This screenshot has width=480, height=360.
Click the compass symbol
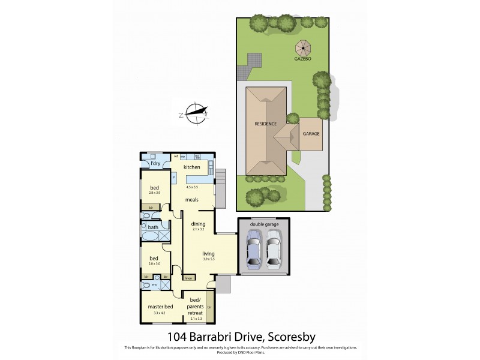pyautogui.click(x=195, y=113)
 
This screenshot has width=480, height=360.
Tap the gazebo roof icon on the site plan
pyautogui.click(x=301, y=46)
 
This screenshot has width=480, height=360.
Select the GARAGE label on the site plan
pyautogui.click(x=311, y=134)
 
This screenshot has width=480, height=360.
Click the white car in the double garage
pyautogui.click(x=274, y=253)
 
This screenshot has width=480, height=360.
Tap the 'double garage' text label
pyautogui.click(x=264, y=224)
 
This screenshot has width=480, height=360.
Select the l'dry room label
pyautogui.click(x=155, y=163)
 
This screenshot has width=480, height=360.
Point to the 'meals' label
pyautogui.click(x=192, y=200)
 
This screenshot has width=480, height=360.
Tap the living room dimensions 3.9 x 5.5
pyautogui.click(x=208, y=259)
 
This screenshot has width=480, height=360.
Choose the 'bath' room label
pyautogui.click(x=153, y=227)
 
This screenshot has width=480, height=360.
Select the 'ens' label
pyautogui.click(x=154, y=284)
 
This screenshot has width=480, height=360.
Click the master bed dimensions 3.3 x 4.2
pyautogui.click(x=160, y=313)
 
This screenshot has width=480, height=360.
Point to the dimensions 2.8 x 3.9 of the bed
pyautogui.click(x=155, y=193)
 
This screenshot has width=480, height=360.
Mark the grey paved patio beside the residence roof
pyautogui.click(x=255, y=60)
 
